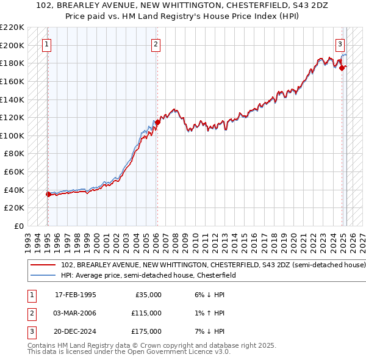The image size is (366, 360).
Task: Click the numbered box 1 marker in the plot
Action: [47, 44]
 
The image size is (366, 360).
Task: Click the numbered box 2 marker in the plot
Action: [156, 44]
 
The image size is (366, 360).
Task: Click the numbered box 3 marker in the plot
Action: [340, 44]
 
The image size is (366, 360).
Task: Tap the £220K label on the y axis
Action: [13, 27]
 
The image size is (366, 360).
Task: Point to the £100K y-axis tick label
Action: [13, 135]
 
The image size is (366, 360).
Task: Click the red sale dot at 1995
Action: [48, 194]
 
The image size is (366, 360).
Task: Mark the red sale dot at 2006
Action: [157, 122]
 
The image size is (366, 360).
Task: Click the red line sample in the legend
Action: [43, 265]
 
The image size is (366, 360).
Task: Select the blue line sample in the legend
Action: [43, 276]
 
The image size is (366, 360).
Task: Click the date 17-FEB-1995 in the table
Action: [76, 295]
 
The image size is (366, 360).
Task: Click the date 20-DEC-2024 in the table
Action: [76, 331]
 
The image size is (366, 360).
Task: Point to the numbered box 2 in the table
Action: [31, 313]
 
